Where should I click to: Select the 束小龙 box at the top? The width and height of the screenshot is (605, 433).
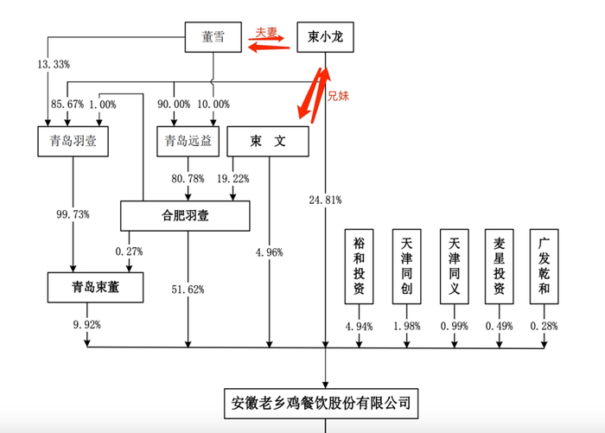(x=325, y=37)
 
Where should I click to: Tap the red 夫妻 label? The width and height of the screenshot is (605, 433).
(x=267, y=33)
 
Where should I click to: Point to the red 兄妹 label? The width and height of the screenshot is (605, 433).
(x=338, y=97)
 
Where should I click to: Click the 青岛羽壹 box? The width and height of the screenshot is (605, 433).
(x=73, y=142)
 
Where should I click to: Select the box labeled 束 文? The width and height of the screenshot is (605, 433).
(x=267, y=142)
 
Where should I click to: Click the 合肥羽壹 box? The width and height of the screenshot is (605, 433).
(x=185, y=215)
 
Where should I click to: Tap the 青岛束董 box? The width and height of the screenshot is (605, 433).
(x=96, y=288)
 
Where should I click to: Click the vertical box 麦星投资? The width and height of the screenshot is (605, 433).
(x=498, y=266)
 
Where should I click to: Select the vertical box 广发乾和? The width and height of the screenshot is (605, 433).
(x=544, y=266)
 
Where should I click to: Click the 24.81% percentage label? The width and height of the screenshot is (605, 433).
(x=325, y=200)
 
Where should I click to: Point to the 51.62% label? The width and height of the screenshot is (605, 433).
(x=188, y=290)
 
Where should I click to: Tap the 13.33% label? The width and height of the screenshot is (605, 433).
(x=53, y=66)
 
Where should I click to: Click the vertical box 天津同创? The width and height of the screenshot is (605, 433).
(x=405, y=266)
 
